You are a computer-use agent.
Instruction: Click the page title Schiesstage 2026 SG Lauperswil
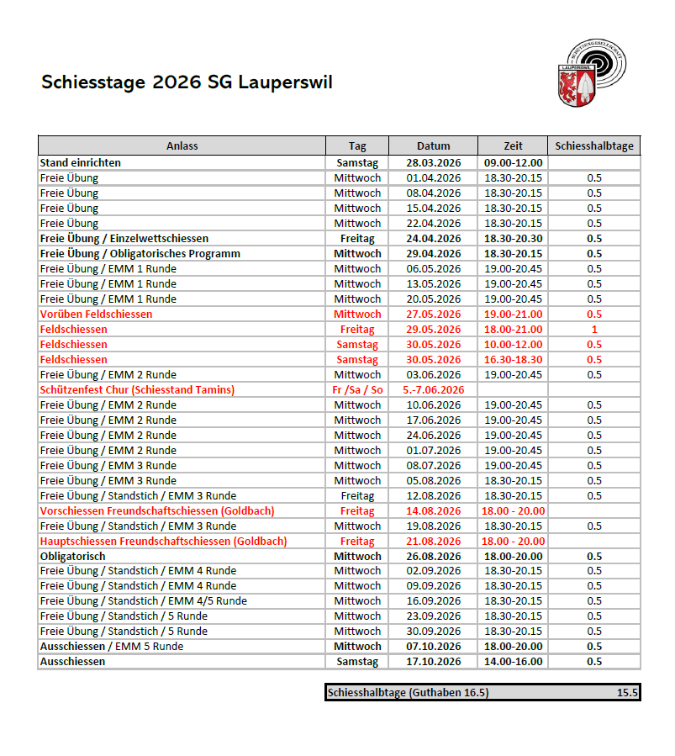click(187, 82)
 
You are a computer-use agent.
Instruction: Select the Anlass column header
click(182, 145)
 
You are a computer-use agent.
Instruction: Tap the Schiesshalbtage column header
click(593, 145)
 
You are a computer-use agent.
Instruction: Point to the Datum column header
click(433, 145)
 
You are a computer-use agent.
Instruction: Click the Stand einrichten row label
click(81, 162)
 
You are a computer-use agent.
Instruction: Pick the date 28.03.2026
click(433, 162)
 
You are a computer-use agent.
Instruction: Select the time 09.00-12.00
click(513, 162)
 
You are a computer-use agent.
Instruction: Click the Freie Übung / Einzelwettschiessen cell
click(124, 238)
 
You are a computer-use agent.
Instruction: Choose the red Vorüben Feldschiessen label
click(97, 314)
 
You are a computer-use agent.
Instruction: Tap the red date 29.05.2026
click(433, 329)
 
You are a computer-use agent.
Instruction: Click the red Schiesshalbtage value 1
click(594, 329)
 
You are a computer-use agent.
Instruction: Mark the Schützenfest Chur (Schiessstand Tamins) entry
click(137, 389)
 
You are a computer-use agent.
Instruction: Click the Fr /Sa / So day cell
click(357, 389)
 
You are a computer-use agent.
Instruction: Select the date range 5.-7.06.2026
click(433, 389)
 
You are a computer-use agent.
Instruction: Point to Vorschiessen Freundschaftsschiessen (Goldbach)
click(157, 510)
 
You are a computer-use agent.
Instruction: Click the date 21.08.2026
click(433, 541)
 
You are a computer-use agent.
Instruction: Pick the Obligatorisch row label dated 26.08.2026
click(73, 556)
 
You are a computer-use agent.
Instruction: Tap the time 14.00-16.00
click(513, 662)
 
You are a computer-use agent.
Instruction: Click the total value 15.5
click(626, 693)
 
